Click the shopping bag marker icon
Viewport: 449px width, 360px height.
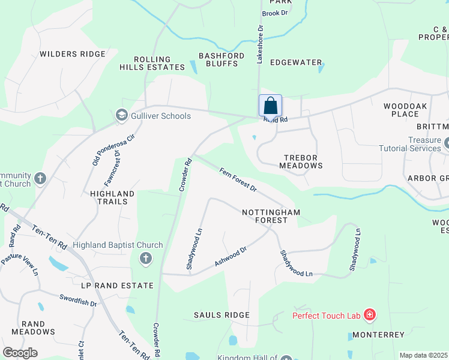click(270, 106)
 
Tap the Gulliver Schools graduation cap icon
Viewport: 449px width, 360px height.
click(122, 116)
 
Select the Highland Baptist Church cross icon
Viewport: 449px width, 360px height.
click(145, 259)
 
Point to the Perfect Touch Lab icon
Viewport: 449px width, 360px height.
click(369, 315)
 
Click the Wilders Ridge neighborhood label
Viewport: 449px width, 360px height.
click(72, 54)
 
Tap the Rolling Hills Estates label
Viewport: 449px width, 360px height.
click(152, 64)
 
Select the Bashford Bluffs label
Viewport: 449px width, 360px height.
click(221, 60)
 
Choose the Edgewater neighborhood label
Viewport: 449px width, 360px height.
click(296, 62)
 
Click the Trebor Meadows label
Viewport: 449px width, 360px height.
click(303, 161)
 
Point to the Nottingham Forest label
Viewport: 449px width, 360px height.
click(271, 216)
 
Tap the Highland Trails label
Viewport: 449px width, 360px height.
click(112, 197)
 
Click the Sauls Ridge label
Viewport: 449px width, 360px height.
click(221, 315)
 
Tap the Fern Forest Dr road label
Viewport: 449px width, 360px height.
click(237, 179)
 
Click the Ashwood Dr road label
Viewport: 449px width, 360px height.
click(231, 257)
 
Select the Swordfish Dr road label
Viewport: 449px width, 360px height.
click(78, 300)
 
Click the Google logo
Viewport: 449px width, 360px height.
click(20, 353)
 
